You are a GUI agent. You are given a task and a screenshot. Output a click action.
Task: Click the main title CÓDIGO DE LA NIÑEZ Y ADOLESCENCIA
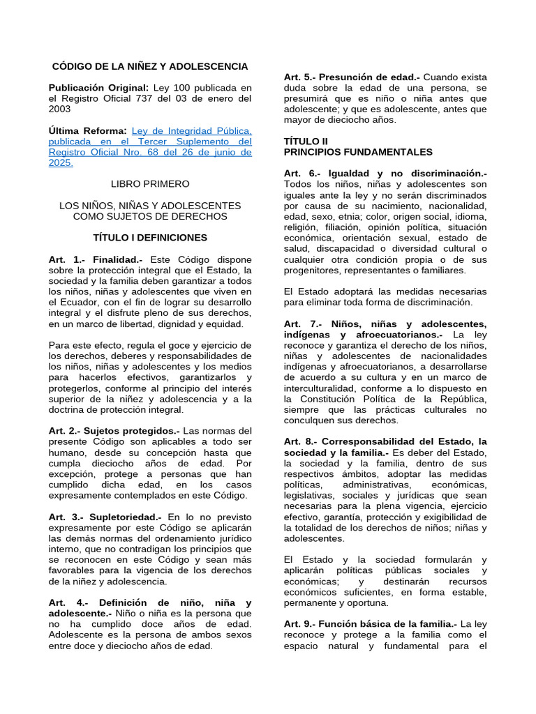point(150,66)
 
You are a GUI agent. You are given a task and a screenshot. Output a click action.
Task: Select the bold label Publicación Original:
point(98,88)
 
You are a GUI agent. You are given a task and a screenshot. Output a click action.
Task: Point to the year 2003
point(61,110)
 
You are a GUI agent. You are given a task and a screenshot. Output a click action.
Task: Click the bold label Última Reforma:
point(87,130)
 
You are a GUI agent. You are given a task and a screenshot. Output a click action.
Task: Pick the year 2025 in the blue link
point(60,163)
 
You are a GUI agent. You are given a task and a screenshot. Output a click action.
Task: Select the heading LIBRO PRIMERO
point(150,183)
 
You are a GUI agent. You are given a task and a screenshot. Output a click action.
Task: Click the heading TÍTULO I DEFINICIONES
point(150,237)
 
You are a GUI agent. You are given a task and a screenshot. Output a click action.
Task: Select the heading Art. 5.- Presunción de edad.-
point(352,77)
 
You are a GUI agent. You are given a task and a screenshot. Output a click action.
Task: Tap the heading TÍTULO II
point(305,141)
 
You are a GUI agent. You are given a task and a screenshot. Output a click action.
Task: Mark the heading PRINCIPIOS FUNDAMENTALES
point(358,152)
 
